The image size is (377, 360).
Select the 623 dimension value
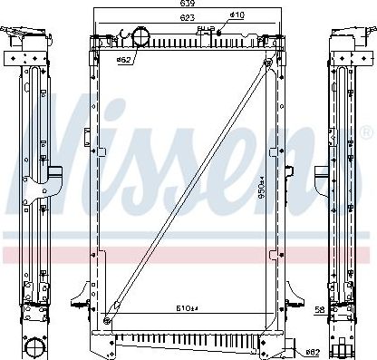point(188,16)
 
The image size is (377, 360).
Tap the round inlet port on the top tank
point(143,36)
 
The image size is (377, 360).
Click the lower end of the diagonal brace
point(108,318)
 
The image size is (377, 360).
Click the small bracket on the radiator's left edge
point(87,141)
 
